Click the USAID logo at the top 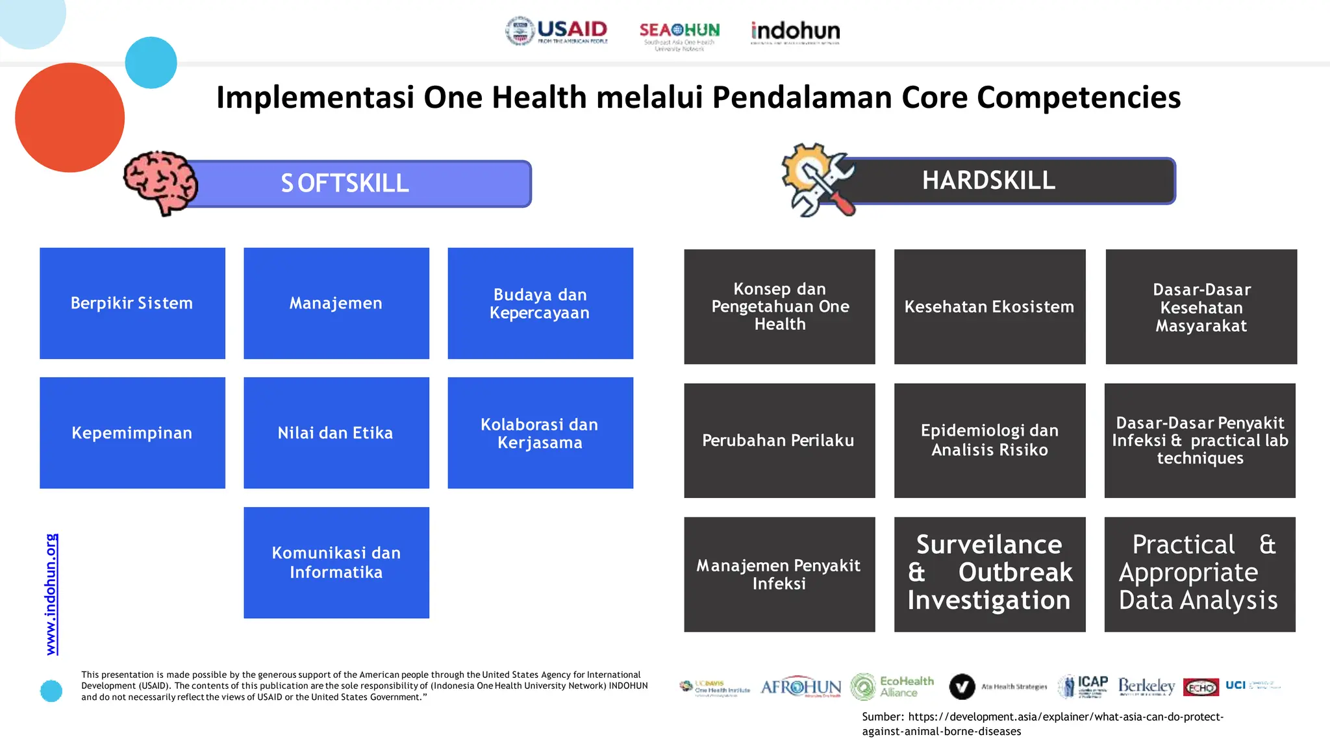pos(557,31)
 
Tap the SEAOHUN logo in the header pos(679,34)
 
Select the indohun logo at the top pos(795,32)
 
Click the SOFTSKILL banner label pos(345,184)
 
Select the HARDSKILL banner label pos(988,181)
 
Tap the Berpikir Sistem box pos(132,303)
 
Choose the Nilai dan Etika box pos(336,433)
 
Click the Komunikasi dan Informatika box pos(336,562)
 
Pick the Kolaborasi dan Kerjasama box pos(540,433)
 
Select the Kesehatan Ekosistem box pos(989,306)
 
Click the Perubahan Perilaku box pos(779,440)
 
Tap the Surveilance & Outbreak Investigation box pos(989,574)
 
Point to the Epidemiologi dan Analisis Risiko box pos(989,440)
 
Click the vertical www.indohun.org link pos(52,594)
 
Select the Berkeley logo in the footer pos(1146,686)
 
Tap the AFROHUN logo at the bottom pos(800,687)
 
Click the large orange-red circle pos(69,118)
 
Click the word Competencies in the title pos(1078,97)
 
